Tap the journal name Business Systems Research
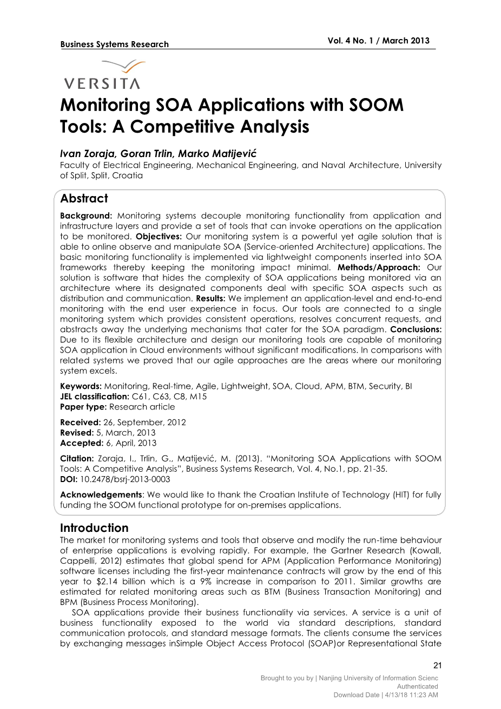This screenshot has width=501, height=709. pyautogui.click(x=115, y=44)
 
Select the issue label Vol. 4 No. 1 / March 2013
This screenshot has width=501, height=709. pyautogui.click(x=378, y=41)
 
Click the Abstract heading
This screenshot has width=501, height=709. pyautogui.click(x=84, y=198)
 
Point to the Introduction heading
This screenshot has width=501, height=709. pyautogui.click(x=94, y=528)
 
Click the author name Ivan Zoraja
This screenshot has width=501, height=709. pyautogui.click(x=85, y=154)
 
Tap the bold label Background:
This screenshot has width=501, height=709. pyautogui.click(x=86, y=216)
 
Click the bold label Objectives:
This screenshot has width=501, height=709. pyautogui.click(x=159, y=236)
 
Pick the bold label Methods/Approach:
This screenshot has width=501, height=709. pyautogui.click(x=379, y=267)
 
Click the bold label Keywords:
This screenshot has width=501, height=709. pyautogui.click(x=81, y=386)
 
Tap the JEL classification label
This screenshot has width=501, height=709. pyautogui.click(x=95, y=396)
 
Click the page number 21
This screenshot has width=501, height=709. pyautogui.click(x=438, y=666)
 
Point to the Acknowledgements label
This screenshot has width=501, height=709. pyautogui.click(x=101, y=495)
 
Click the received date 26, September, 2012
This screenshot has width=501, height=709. pyautogui.click(x=144, y=422)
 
